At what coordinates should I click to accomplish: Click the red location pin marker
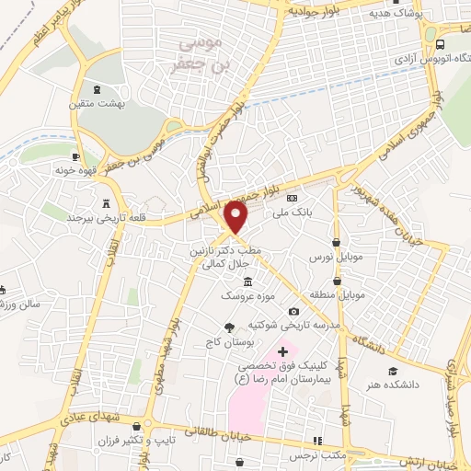[236, 217]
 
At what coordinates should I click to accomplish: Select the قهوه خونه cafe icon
[76, 156]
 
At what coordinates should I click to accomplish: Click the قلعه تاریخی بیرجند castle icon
[107, 202]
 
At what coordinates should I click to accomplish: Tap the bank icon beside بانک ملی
[292, 198]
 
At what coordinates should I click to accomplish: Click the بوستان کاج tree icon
[228, 327]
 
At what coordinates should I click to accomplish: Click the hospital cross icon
[282, 351]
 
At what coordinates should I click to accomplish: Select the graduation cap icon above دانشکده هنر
[392, 371]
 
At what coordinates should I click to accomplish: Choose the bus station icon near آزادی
[441, 43]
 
